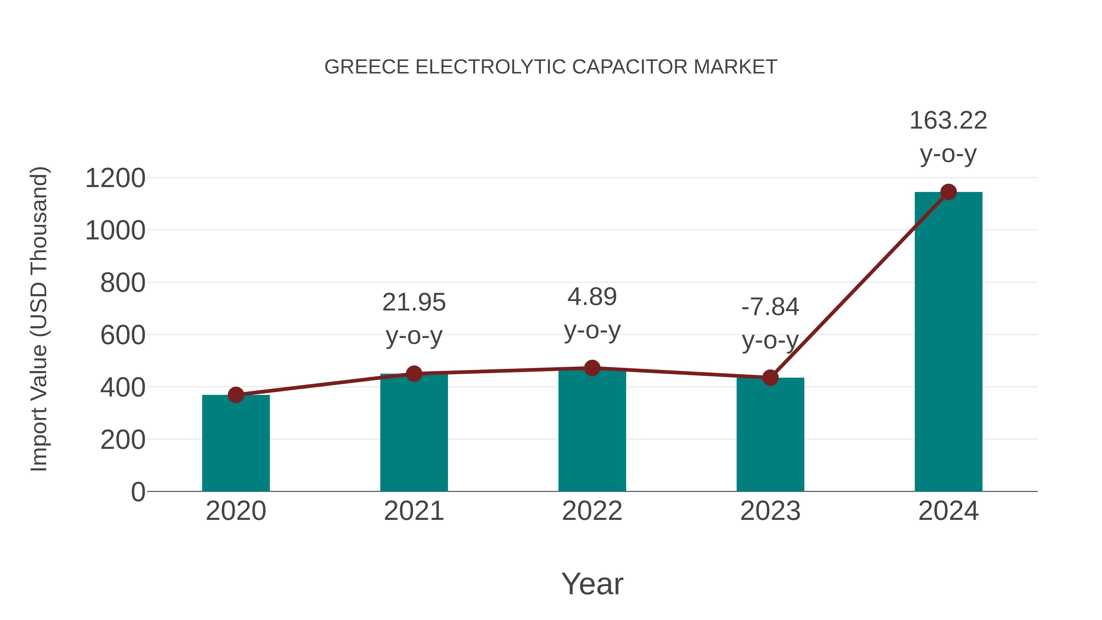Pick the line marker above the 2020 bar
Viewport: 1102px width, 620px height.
click(236, 395)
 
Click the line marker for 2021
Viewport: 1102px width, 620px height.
click(414, 374)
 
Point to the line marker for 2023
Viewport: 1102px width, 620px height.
click(770, 378)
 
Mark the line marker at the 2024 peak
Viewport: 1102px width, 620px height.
click(948, 192)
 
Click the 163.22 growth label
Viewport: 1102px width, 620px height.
click(948, 120)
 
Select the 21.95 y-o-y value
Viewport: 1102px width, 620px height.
click(414, 302)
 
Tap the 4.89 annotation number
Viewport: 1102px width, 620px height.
click(592, 297)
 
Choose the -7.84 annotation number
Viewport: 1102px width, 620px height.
click(770, 307)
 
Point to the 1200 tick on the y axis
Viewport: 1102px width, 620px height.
click(115, 178)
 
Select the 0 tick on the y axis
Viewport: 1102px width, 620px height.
click(138, 492)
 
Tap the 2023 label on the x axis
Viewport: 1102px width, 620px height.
click(770, 511)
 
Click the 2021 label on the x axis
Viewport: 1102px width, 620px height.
click(414, 511)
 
